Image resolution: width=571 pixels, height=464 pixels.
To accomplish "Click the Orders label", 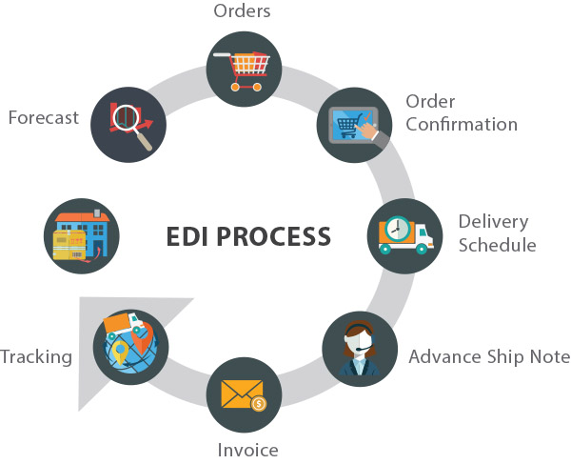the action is pos(242,10).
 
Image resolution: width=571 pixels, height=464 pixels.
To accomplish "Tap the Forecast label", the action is pos(44,118).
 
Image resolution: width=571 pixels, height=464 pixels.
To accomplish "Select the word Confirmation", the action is pos(462,124).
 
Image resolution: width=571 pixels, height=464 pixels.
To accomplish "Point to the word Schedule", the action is pos(497,245).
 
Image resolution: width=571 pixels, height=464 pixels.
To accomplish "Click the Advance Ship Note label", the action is pos(489,356).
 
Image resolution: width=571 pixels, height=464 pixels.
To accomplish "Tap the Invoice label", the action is pos(248,450).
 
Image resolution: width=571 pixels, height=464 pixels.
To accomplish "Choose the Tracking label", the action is pos(36,357).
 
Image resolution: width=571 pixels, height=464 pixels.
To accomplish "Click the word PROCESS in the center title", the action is pos(273,236).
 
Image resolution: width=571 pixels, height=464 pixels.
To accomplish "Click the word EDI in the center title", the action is pos(187,236).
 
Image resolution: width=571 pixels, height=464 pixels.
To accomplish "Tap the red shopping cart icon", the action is pos(242,71).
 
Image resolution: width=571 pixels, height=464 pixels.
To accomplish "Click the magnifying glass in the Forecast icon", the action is pos(131,124).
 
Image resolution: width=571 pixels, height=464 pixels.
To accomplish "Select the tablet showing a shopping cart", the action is pos(353,124).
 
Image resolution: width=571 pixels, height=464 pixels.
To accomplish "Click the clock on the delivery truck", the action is pos(397,230).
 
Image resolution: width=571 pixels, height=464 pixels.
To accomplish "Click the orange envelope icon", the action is pos(242,394).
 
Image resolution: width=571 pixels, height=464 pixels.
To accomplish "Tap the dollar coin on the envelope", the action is pos(259,403).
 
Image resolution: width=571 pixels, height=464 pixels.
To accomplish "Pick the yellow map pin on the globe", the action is pos(120,352).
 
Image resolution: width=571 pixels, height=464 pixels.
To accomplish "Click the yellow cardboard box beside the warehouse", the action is pos(69,245).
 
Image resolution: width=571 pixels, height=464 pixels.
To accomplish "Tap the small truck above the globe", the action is pos(124,324).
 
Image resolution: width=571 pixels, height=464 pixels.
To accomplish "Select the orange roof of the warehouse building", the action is pos(82,217).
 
